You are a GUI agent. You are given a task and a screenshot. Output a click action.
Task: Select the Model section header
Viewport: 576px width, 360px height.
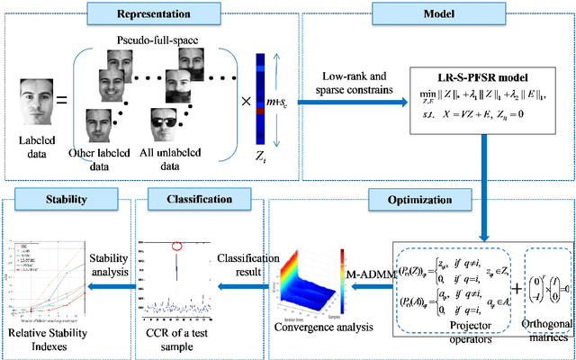pos(436,15)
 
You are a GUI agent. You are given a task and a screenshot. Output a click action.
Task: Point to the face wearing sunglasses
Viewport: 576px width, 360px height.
pos(186,126)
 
